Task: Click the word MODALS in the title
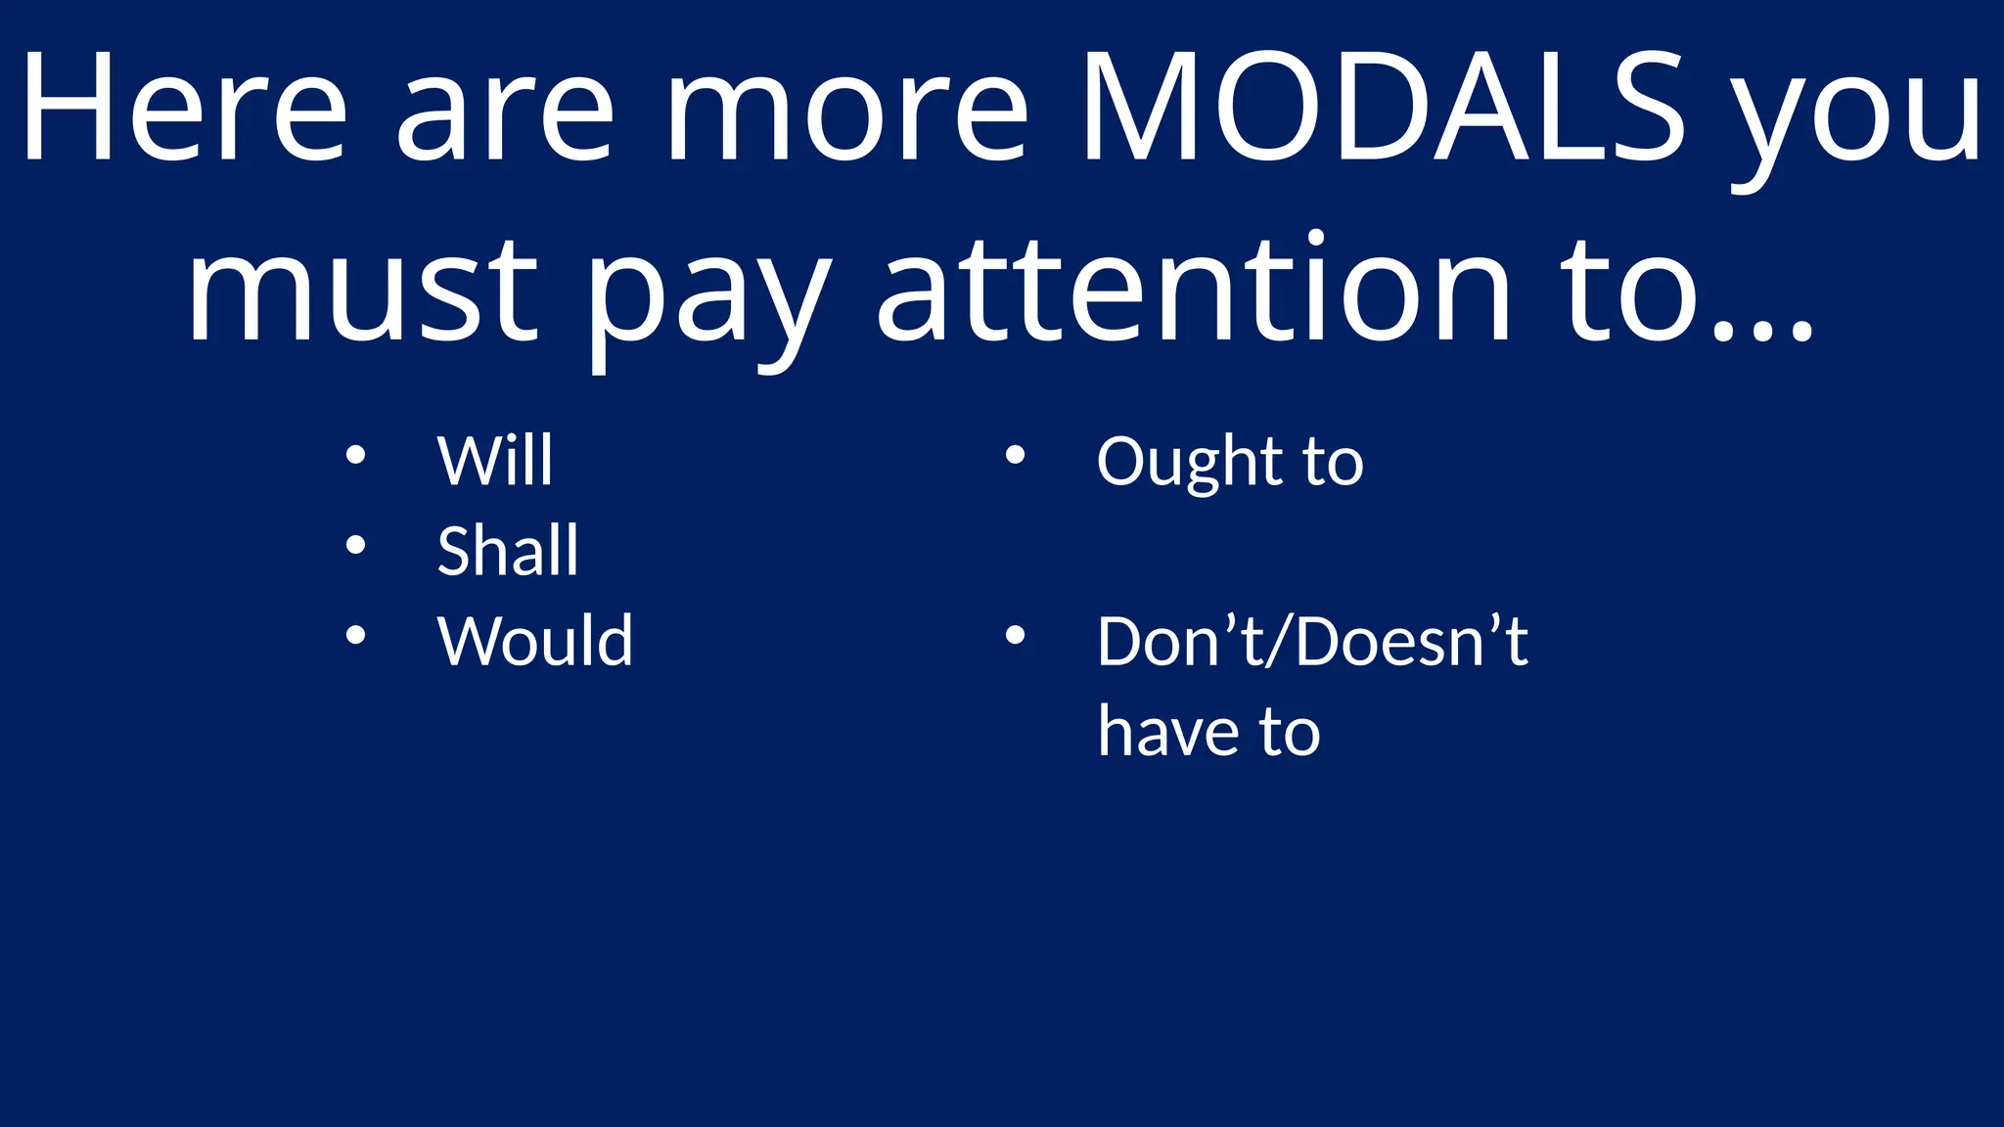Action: [x=1383, y=108]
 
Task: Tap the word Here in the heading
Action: [x=184, y=108]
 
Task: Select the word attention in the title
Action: [x=1195, y=289]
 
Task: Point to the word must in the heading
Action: [x=362, y=289]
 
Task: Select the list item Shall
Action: [x=508, y=550]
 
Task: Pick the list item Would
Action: [x=535, y=641]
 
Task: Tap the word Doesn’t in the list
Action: [x=1412, y=642]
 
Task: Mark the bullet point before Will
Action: [x=356, y=455]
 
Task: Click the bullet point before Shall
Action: [x=356, y=545]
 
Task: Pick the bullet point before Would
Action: [x=356, y=635]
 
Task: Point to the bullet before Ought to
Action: [x=1015, y=455]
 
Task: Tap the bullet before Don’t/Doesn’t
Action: [x=1015, y=635]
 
